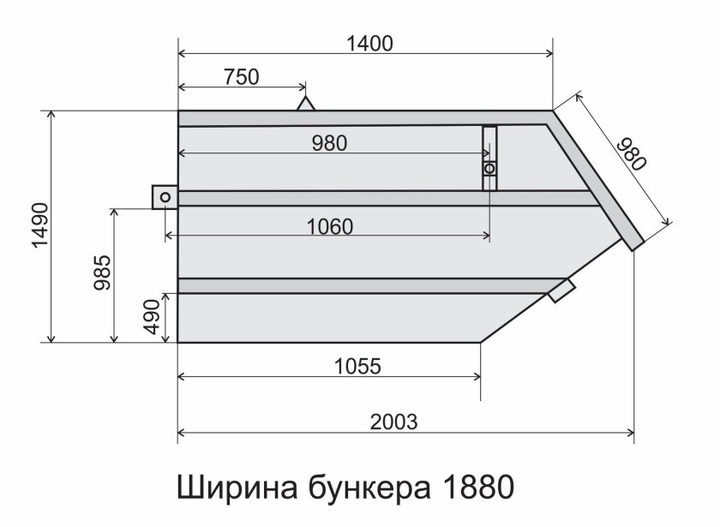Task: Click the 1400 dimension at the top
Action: pos(370,44)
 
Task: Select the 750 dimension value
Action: pos(241,77)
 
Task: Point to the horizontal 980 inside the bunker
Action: pos(329,143)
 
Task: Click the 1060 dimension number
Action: pos(329,226)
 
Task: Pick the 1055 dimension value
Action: pos(357,366)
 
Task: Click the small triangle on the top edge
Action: pos(305,104)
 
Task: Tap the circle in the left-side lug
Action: pos(165,198)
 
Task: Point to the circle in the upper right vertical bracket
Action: pos(489,169)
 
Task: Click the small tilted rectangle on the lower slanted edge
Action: pos(561,290)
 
